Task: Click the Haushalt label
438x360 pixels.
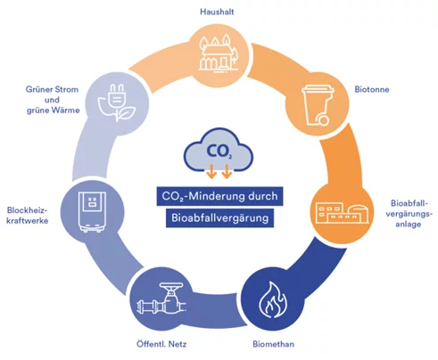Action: [217, 12]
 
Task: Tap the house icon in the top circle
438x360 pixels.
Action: [219, 53]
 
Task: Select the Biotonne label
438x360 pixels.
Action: [372, 89]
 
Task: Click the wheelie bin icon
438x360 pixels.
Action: [318, 105]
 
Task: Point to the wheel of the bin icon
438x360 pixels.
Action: [323, 120]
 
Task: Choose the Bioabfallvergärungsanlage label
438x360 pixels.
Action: [408, 214]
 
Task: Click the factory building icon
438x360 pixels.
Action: [342, 212]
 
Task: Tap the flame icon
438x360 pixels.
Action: [273, 299]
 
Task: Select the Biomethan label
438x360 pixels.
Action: [274, 344]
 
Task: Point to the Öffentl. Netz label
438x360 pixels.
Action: [161, 344]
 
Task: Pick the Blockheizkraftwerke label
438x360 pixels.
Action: [28, 216]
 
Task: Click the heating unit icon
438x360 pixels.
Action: [92, 211]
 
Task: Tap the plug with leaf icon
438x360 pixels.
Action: [117, 102]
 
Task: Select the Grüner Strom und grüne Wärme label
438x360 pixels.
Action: [53, 100]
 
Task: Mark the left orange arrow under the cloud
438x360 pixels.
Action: [211, 171]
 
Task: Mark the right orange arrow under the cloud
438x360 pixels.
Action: [227, 171]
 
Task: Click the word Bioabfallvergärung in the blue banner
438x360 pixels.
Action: [220, 217]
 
